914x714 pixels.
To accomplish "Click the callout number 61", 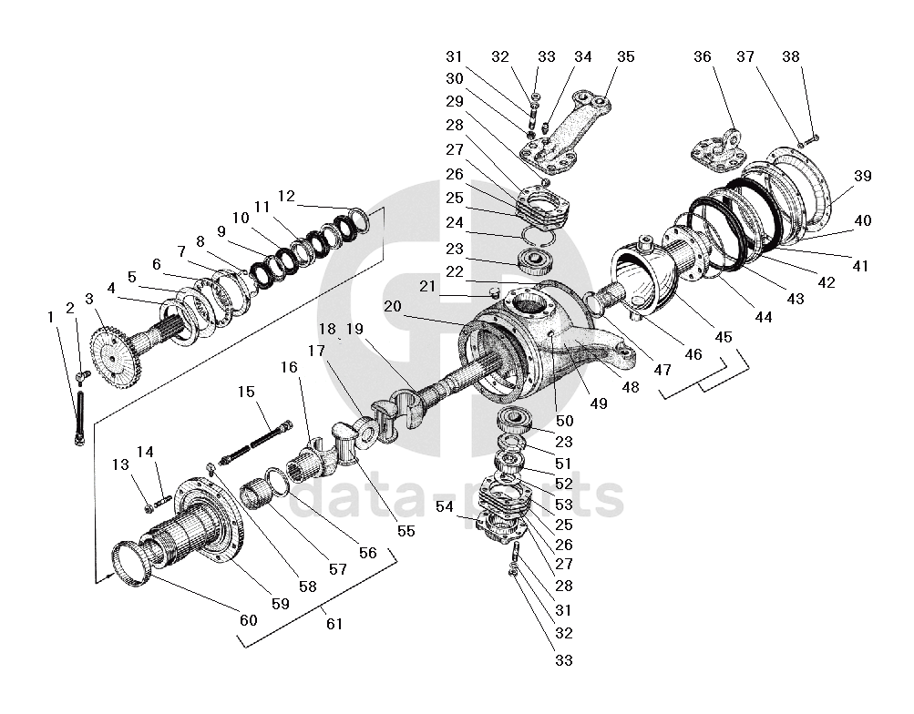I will pyautogui.click(x=334, y=624).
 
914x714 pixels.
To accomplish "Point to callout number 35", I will pyautogui.click(x=625, y=56).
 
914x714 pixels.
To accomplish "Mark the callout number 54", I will pyautogui.click(x=444, y=505).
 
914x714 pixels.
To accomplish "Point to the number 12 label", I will pyautogui.click(x=286, y=195).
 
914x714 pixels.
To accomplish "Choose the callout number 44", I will pyautogui.click(x=763, y=318).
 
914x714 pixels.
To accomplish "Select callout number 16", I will pyautogui.click(x=288, y=368).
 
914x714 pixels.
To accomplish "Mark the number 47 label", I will pyautogui.click(x=662, y=371).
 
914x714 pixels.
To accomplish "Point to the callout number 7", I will pyautogui.click(x=181, y=250).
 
